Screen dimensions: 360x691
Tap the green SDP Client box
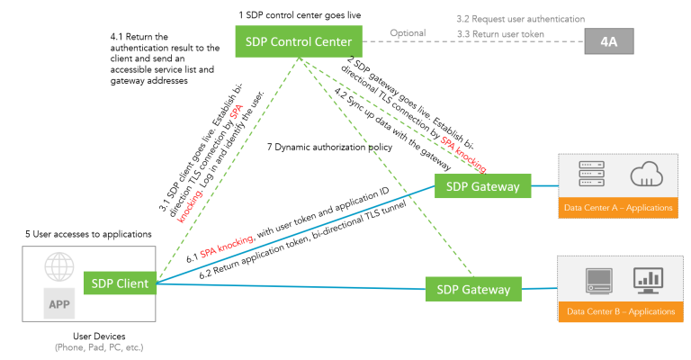[x=121, y=283]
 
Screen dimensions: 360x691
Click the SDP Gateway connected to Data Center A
[x=477, y=186]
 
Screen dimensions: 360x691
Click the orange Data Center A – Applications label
[x=619, y=209]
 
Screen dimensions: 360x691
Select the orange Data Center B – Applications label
[x=620, y=311]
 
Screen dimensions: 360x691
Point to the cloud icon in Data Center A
[x=646, y=175]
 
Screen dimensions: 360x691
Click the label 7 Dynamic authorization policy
[x=323, y=147]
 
